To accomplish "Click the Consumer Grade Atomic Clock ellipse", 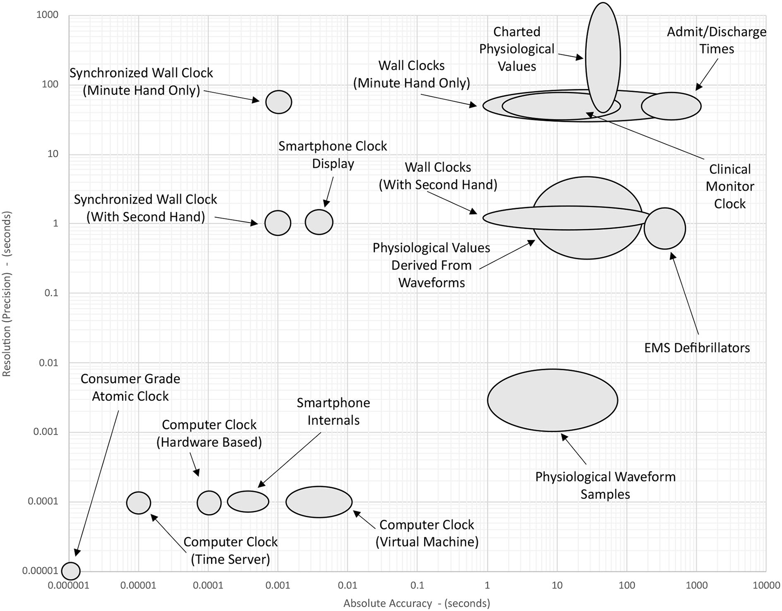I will pyautogui.click(x=71, y=571).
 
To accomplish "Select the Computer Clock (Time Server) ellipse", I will pyautogui.click(x=139, y=503).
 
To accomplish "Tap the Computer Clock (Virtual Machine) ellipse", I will pyautogui.click(x=319, y=502).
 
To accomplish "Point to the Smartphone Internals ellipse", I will pyautogui.click(x=248, y=502).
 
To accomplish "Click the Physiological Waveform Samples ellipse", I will pyautogui.click(x=553, y=400).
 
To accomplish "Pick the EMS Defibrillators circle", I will pyautogui.click(x=665, y=229).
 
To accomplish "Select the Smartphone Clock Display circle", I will pyautogui.click(x=319, y=222).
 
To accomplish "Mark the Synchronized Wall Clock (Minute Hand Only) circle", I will pyautogui.click(x=278, y=102).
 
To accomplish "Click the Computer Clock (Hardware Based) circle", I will pyautogui.click(x=209, y=503).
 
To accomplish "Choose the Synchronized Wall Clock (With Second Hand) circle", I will pyautogui.click(x=278, y=223).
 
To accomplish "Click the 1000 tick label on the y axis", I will pyautogui.click(x=47, y=15).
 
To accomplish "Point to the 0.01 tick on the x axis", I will pyautogui.click(x=347, y=585).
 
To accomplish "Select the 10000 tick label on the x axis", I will pyautogui.click(x=766, y=585).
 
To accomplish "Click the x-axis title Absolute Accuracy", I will pyautogui.click(x=417, y=603).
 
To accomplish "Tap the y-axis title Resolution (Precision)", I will pyautogui.click(x=7, y=294).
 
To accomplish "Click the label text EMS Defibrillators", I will pyautogui.click(x=697, y=348).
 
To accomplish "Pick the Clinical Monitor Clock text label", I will pyautogui.click(x=729, y=186).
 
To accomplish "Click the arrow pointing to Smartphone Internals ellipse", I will pyautogui.click(x=289, y=460).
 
